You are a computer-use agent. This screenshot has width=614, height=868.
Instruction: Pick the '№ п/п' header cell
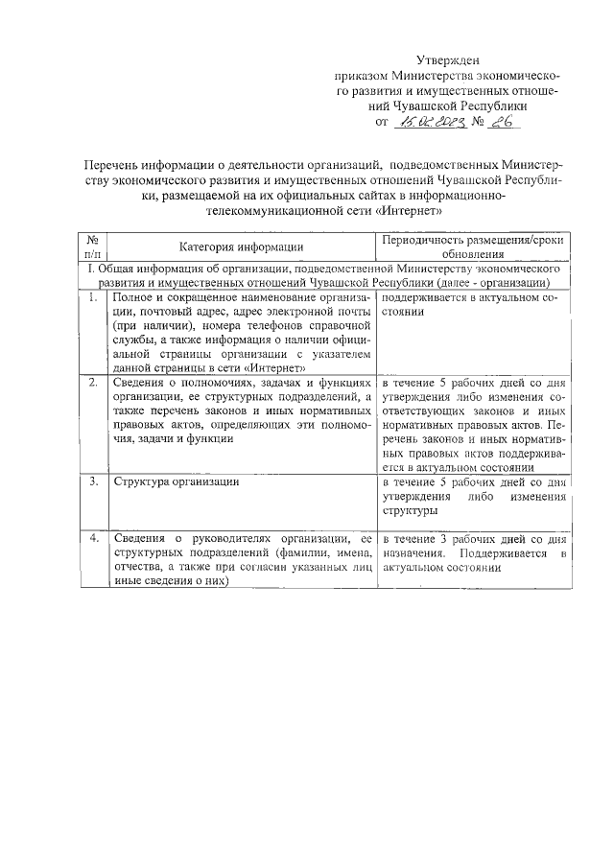(x=92, y=247)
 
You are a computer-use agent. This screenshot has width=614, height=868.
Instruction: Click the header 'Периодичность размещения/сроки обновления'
(x=471, y=247)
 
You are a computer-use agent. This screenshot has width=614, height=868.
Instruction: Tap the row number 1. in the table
(x=92, y=299)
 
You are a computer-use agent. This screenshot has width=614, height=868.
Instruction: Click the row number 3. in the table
(x=92, y=481)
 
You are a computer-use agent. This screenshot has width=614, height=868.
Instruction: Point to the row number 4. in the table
(x=92, y=539)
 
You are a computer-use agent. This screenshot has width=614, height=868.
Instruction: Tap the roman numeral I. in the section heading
(x=89, y=270)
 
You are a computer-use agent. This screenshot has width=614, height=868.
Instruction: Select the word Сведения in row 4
(x=140, y=539)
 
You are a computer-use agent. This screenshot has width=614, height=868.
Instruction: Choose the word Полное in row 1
(x=134, y=299)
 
